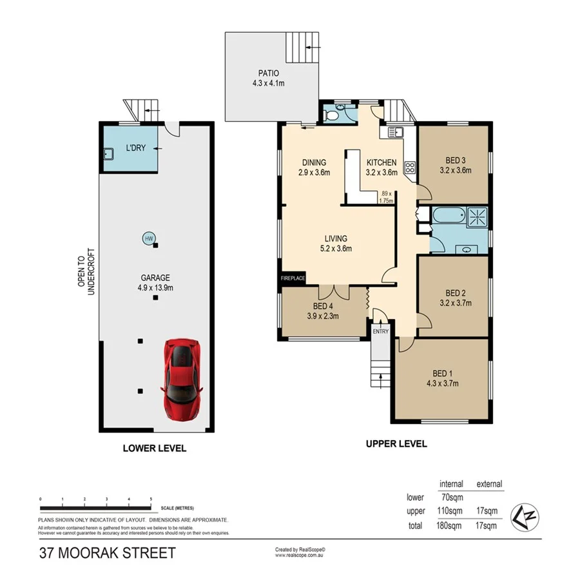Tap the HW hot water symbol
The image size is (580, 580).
click(149, 238)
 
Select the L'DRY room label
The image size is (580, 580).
click(135, 148)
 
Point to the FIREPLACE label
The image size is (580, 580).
click(293, 278)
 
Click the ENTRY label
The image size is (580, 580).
click(380, 331)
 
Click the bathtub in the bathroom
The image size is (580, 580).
click(449, 217)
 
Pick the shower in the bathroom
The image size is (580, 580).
click(478, 217)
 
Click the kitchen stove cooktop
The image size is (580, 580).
click(409, 168)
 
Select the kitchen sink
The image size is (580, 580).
click(394, 133)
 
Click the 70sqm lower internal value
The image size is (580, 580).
click(451, 498)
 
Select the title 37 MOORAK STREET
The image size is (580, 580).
click(107, 553)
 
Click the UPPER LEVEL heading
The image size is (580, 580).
click(396, 443)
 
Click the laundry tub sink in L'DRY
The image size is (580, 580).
click(107, 155)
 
